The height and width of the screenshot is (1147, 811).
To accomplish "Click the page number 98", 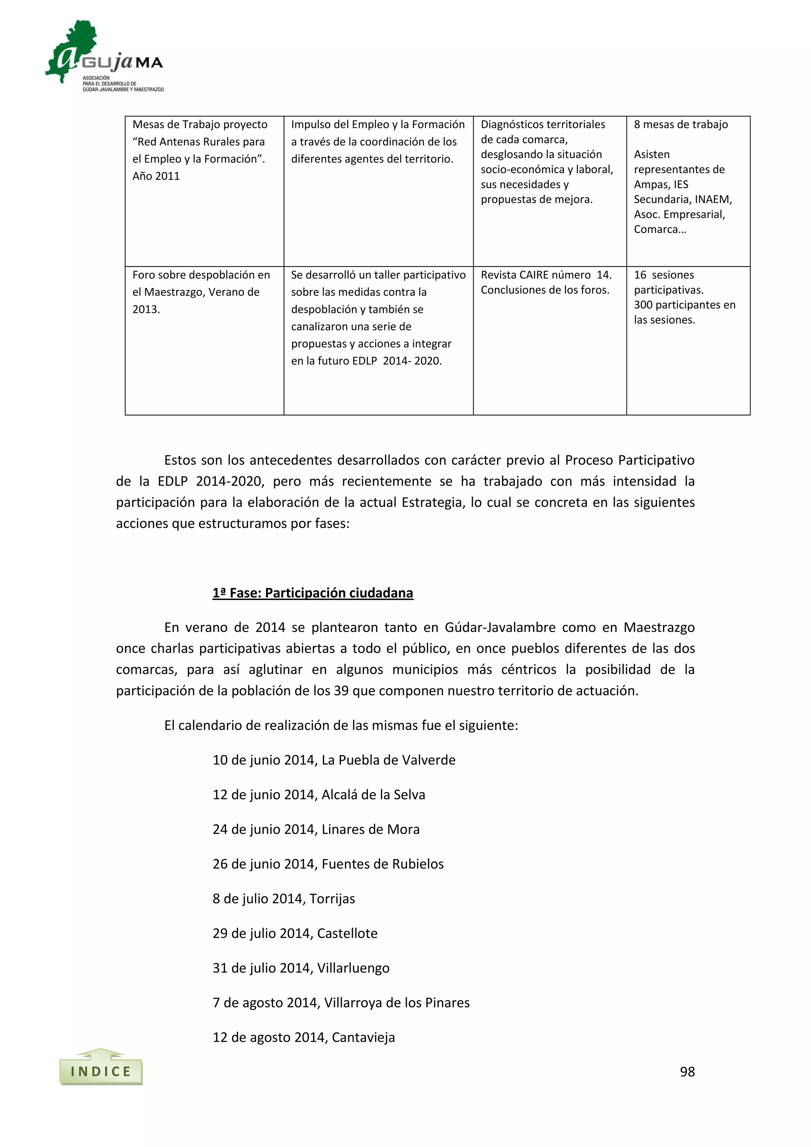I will tap(687, 1072).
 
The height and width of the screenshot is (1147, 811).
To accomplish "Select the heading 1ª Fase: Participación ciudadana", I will tap(312, 593).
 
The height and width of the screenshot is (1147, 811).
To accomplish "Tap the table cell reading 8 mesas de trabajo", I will tap(681, 124).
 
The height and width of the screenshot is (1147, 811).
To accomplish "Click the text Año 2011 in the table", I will tap(156, 176).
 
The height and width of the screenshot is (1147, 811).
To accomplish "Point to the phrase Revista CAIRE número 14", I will tap(546, 275).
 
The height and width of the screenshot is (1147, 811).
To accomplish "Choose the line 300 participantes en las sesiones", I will tap(684, 312).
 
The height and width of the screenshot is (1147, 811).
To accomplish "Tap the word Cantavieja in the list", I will tap(363, 1037).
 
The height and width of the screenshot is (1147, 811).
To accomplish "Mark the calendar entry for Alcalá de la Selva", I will tap(319, 795).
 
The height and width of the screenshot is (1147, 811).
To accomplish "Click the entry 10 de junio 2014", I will tap(265, 760).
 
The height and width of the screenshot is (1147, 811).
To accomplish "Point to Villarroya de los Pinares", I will tap(397, 1002).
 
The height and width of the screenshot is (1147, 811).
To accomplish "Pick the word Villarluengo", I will tap(353, 968).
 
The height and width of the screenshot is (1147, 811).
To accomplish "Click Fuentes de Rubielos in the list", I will tap(383, 864).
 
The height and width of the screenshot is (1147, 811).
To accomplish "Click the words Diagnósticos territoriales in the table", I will tap(543, 124).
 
